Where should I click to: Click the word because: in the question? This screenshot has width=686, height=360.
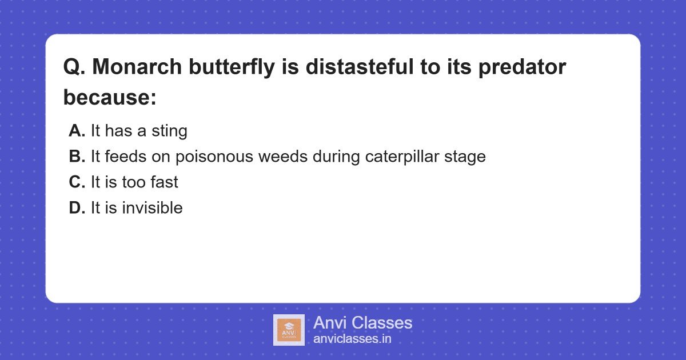pyautogui.click(x=110, y=98)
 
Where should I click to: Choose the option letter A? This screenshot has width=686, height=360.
pyautogui.click(x=77, y=131)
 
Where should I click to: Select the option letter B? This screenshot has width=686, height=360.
pyautogui.click(x=77, y=157)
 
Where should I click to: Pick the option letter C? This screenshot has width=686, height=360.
pyautogui.click(x=77, y=182)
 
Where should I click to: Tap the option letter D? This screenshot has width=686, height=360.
pyautogui.click(x=77, y=208)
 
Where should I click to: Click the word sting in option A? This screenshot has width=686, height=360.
pyautogui.click(x=169, y=131)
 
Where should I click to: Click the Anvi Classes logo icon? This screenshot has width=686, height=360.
pyautogui.click(x=289, y=330)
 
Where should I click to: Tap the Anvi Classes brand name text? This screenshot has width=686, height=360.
pyautogui.click(x=362, y=323)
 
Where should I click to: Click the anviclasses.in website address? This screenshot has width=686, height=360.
pyautogui.click(x=352, y=339)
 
